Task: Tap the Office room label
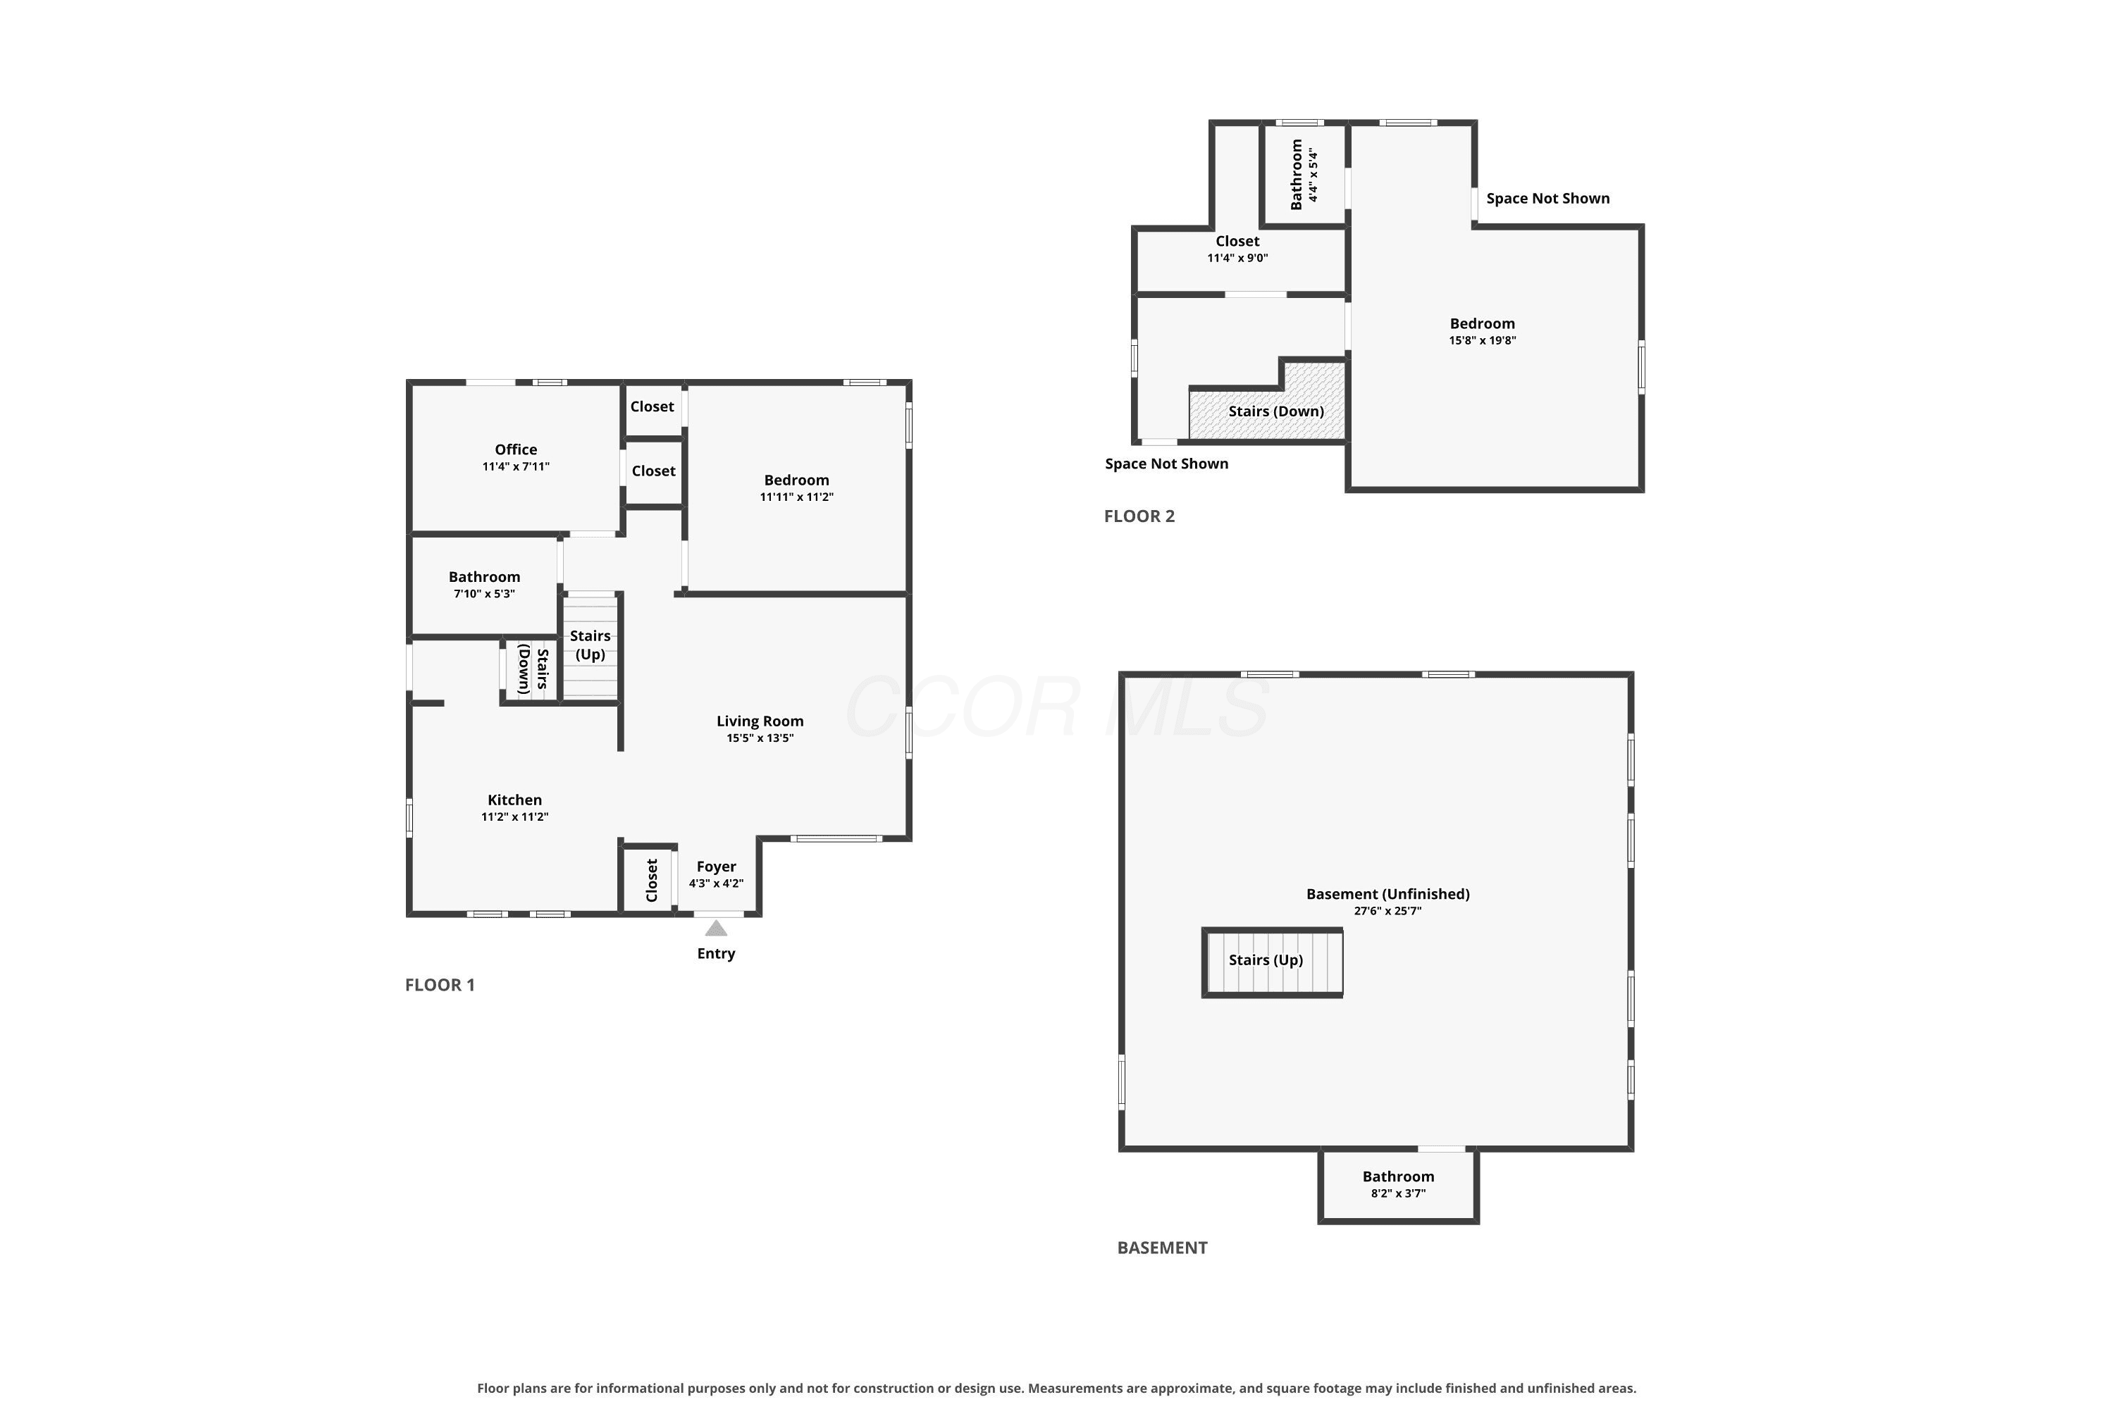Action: coord(516,449)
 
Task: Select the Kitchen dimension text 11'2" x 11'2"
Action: coord(514,817)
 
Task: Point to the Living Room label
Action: coord(760,721)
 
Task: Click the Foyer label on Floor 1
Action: coord(717,867)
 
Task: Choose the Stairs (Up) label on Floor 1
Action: coord(591,645)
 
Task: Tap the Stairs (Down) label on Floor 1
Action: coord(533,669)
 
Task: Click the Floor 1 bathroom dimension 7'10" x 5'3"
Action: coord(485,594)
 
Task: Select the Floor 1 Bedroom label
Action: coord(796,480)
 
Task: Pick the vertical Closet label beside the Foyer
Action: coord(653,880)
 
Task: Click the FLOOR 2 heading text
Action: coord(1139,516)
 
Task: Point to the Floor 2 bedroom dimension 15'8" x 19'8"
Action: coord(1482,340)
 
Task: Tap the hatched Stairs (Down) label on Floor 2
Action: coord(1276,411)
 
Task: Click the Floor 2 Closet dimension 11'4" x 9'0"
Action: coord(1237,258)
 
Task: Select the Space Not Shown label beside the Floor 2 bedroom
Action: coord(1547,199)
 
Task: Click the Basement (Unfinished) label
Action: coord(1387,894)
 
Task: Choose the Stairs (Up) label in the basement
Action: coord(1266,960)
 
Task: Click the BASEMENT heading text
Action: coord(1162,1247)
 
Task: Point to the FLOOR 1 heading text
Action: coord(440,985)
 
